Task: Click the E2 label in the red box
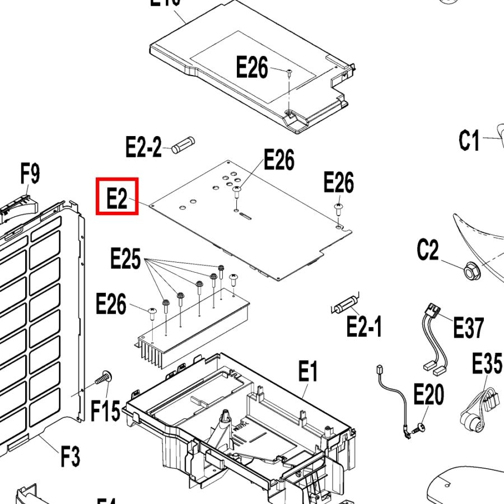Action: (x=116, y=197)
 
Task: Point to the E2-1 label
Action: (x=365, y=326)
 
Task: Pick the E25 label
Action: (x=125, y=259)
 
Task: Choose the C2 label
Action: (x=428, y=250)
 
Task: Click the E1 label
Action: (x=307, y=372)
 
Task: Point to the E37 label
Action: (x=469, y=328)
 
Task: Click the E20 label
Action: (x=428, y=395)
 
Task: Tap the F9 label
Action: (x=30, y=174)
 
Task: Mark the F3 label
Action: (x=70, y=456)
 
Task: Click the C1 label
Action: (x=469, y=141)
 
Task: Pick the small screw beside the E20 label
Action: (x=416, y=430)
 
